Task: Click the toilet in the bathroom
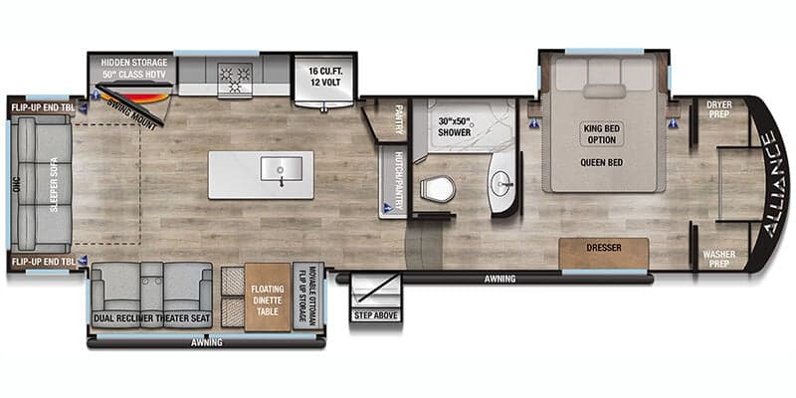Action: [437, 187]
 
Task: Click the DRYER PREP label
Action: [719, 108]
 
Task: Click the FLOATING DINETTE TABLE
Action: [268, 296]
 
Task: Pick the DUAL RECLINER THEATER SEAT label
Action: [151, 318]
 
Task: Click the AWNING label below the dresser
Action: [499, 280]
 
